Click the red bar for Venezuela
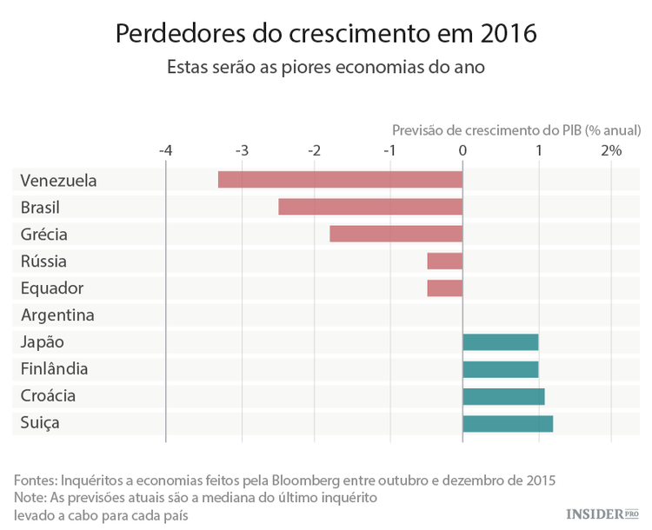pyautogui.click(x=340, y=180)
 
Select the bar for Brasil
pyautogui.click(x=370, y=207)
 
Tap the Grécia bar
pyautogui.click(x=396, y=234)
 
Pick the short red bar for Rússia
pyautogui.click(x=445, y=261)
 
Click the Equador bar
pyautogui.click(x=445, y=288)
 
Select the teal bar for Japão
pyautogui.click(x=501, y=341)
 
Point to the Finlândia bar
pyautogui.click(x=501, y=368)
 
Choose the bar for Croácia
pyautogui.click(x=504, y=395)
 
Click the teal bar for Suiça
pyautogui.click(x=508, y=423)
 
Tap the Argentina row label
pyautogui.click(x=57, y=315)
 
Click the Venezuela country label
pyautogui.click(x=58, y=181)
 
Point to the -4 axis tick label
pyautogui.click(x=165, y=150)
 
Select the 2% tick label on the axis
pyautogui.click(x=611, y=150)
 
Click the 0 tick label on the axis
pyautogui.click(x=462, y=150)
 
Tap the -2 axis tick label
pyautogui.click(x=314, y=150)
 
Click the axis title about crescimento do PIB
pyautogui.click(x=516, y=129)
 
